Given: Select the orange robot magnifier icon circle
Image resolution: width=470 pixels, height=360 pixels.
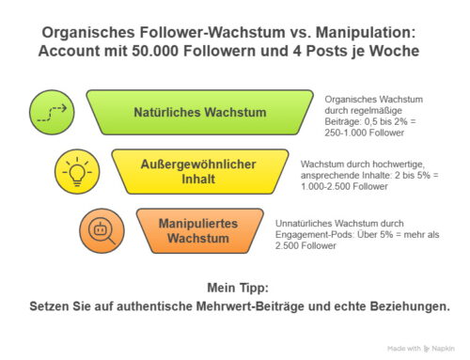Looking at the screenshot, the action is tap(102, 230).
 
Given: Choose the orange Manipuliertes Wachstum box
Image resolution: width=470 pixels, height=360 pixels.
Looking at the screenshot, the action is tap(200, 230).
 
